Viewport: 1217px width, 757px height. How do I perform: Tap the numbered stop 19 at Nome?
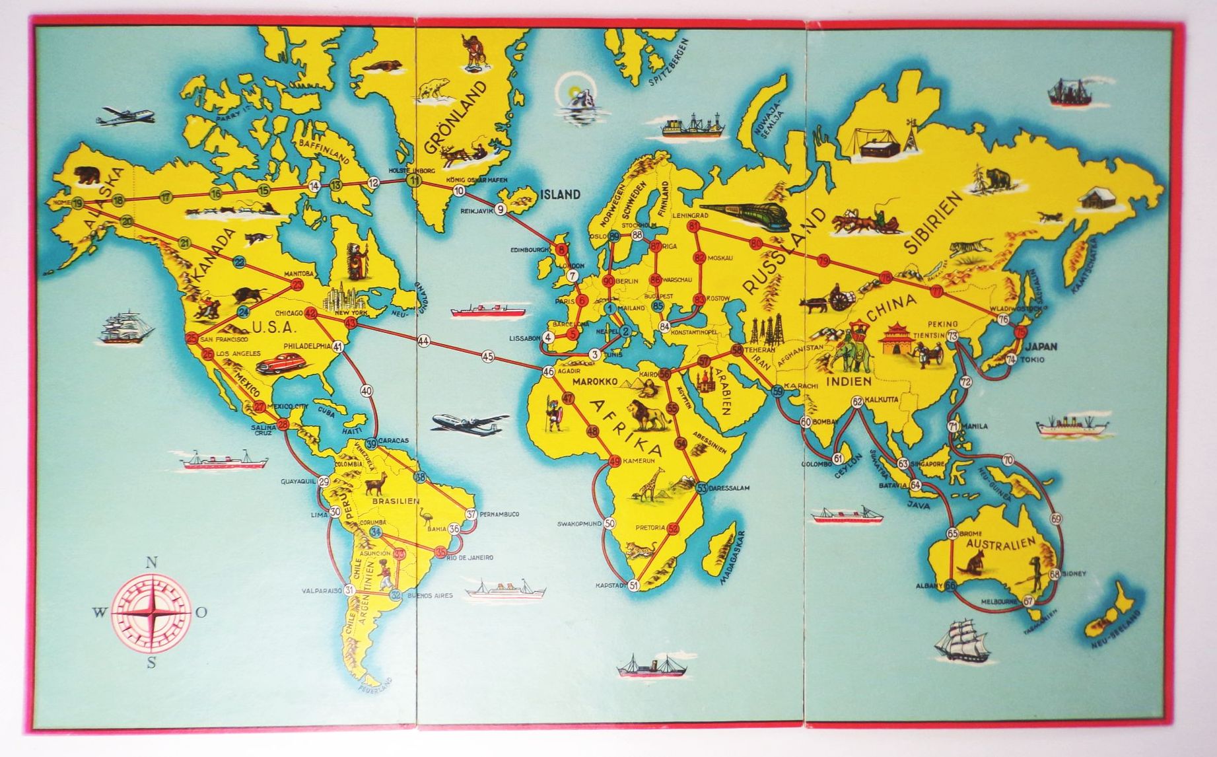pyautogui.click(x=79, y=202)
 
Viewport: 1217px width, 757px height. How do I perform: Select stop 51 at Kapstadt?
pyautogui.click(x=634, y=585)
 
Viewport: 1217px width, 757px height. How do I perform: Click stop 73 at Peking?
pyautogui.click(x=952, y=336)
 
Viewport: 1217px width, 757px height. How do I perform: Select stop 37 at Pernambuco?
pyautogui.click(x=471, y=514)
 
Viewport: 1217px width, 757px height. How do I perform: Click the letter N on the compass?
pyautogui.click(x=151, y=563)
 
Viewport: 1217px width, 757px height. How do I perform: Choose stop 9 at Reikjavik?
pyautogui.click(x=501, y=210)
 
